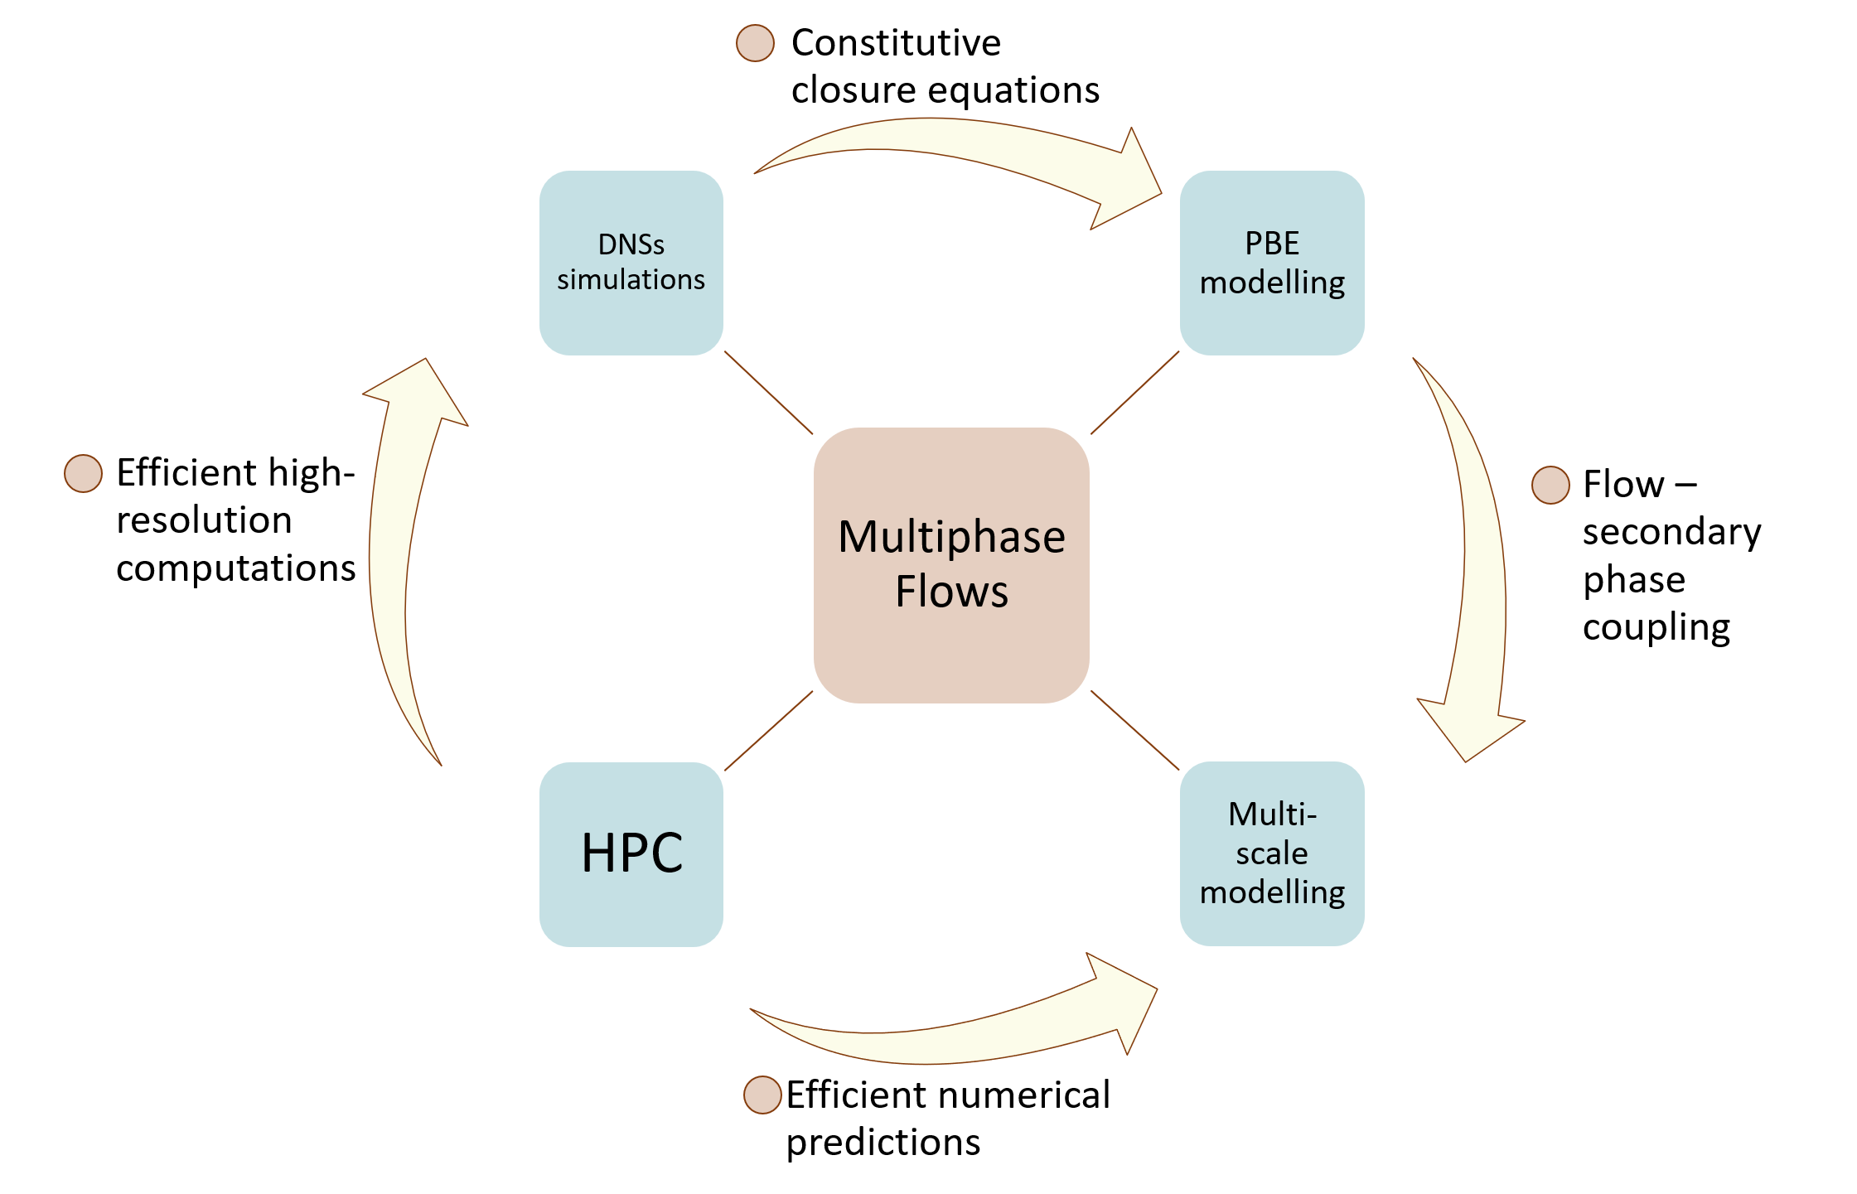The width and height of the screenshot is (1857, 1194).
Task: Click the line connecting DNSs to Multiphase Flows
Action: [768, 392]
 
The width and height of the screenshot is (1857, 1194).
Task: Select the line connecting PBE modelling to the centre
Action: [1134, 392]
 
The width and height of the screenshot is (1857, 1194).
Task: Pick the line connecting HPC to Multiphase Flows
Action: [768, 731]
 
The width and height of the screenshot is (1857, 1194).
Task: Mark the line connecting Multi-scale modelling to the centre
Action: [1134, 730]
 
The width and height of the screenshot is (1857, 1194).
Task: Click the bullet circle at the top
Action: [755, 43]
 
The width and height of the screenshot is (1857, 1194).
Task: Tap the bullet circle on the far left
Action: [83, 474]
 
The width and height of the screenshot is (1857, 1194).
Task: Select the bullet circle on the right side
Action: [1550, 485]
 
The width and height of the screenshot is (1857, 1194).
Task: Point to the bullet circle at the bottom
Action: [762, 1095]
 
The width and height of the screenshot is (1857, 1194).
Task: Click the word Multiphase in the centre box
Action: [951, 537]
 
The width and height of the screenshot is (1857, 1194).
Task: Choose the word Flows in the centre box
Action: [951, 592]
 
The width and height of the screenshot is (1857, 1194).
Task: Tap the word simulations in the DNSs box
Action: [631, 280]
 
